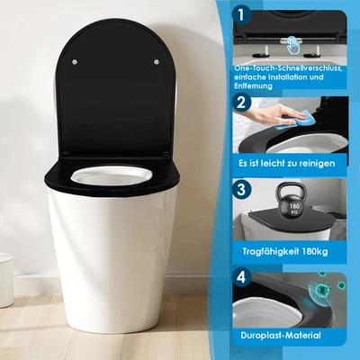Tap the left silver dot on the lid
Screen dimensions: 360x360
click(74, 62)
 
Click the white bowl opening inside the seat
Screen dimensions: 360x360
click(113, 175)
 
